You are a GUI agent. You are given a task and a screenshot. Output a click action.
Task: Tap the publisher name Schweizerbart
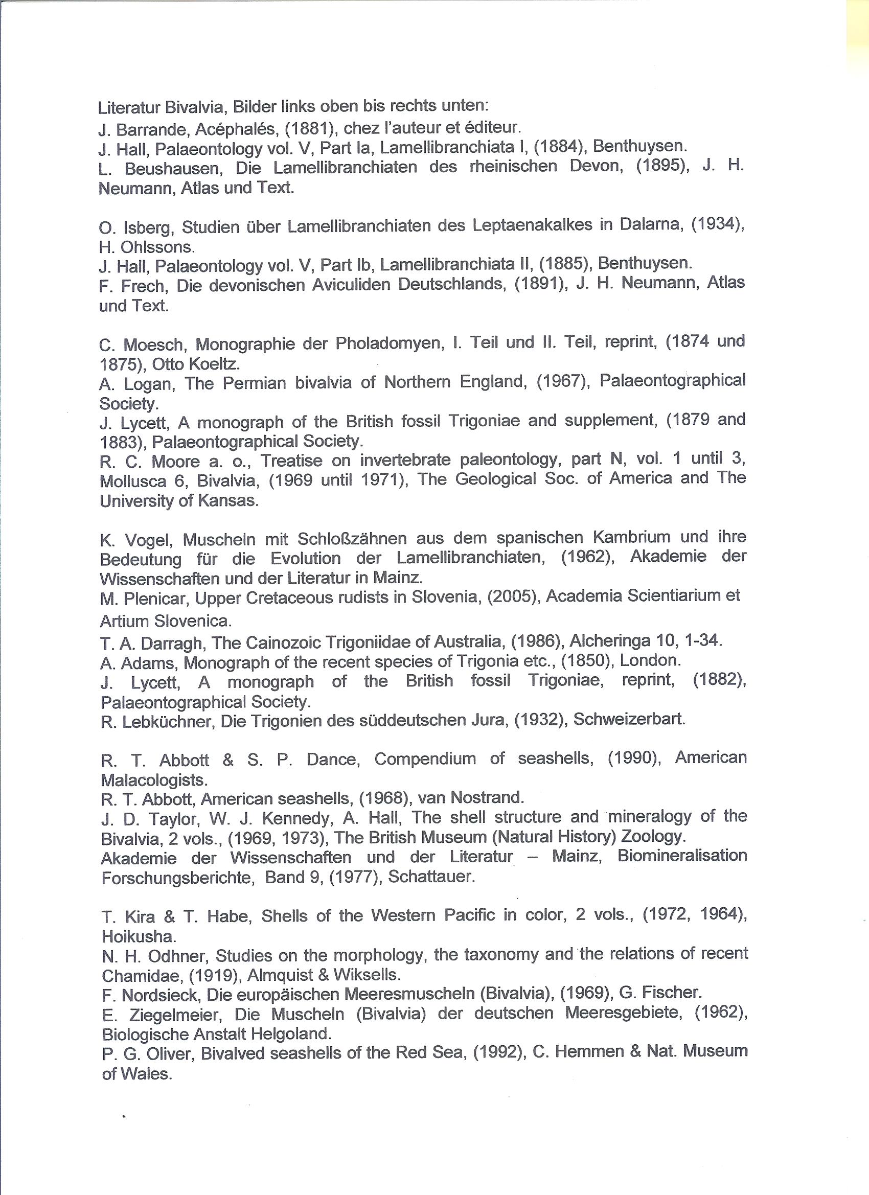[629, 719]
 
